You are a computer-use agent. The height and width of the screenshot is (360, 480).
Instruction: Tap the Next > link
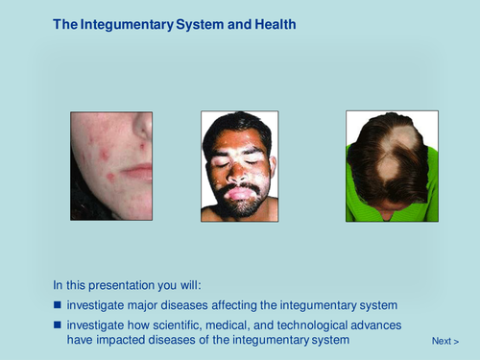pos(444,341)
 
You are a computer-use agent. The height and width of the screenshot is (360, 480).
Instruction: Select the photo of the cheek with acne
pos(110,166)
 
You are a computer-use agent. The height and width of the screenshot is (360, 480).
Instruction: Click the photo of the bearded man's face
pos(239,166)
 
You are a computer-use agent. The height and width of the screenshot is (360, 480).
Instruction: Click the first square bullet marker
pos(58,305)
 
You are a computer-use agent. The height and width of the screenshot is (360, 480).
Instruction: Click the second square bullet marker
pos(58,325)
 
